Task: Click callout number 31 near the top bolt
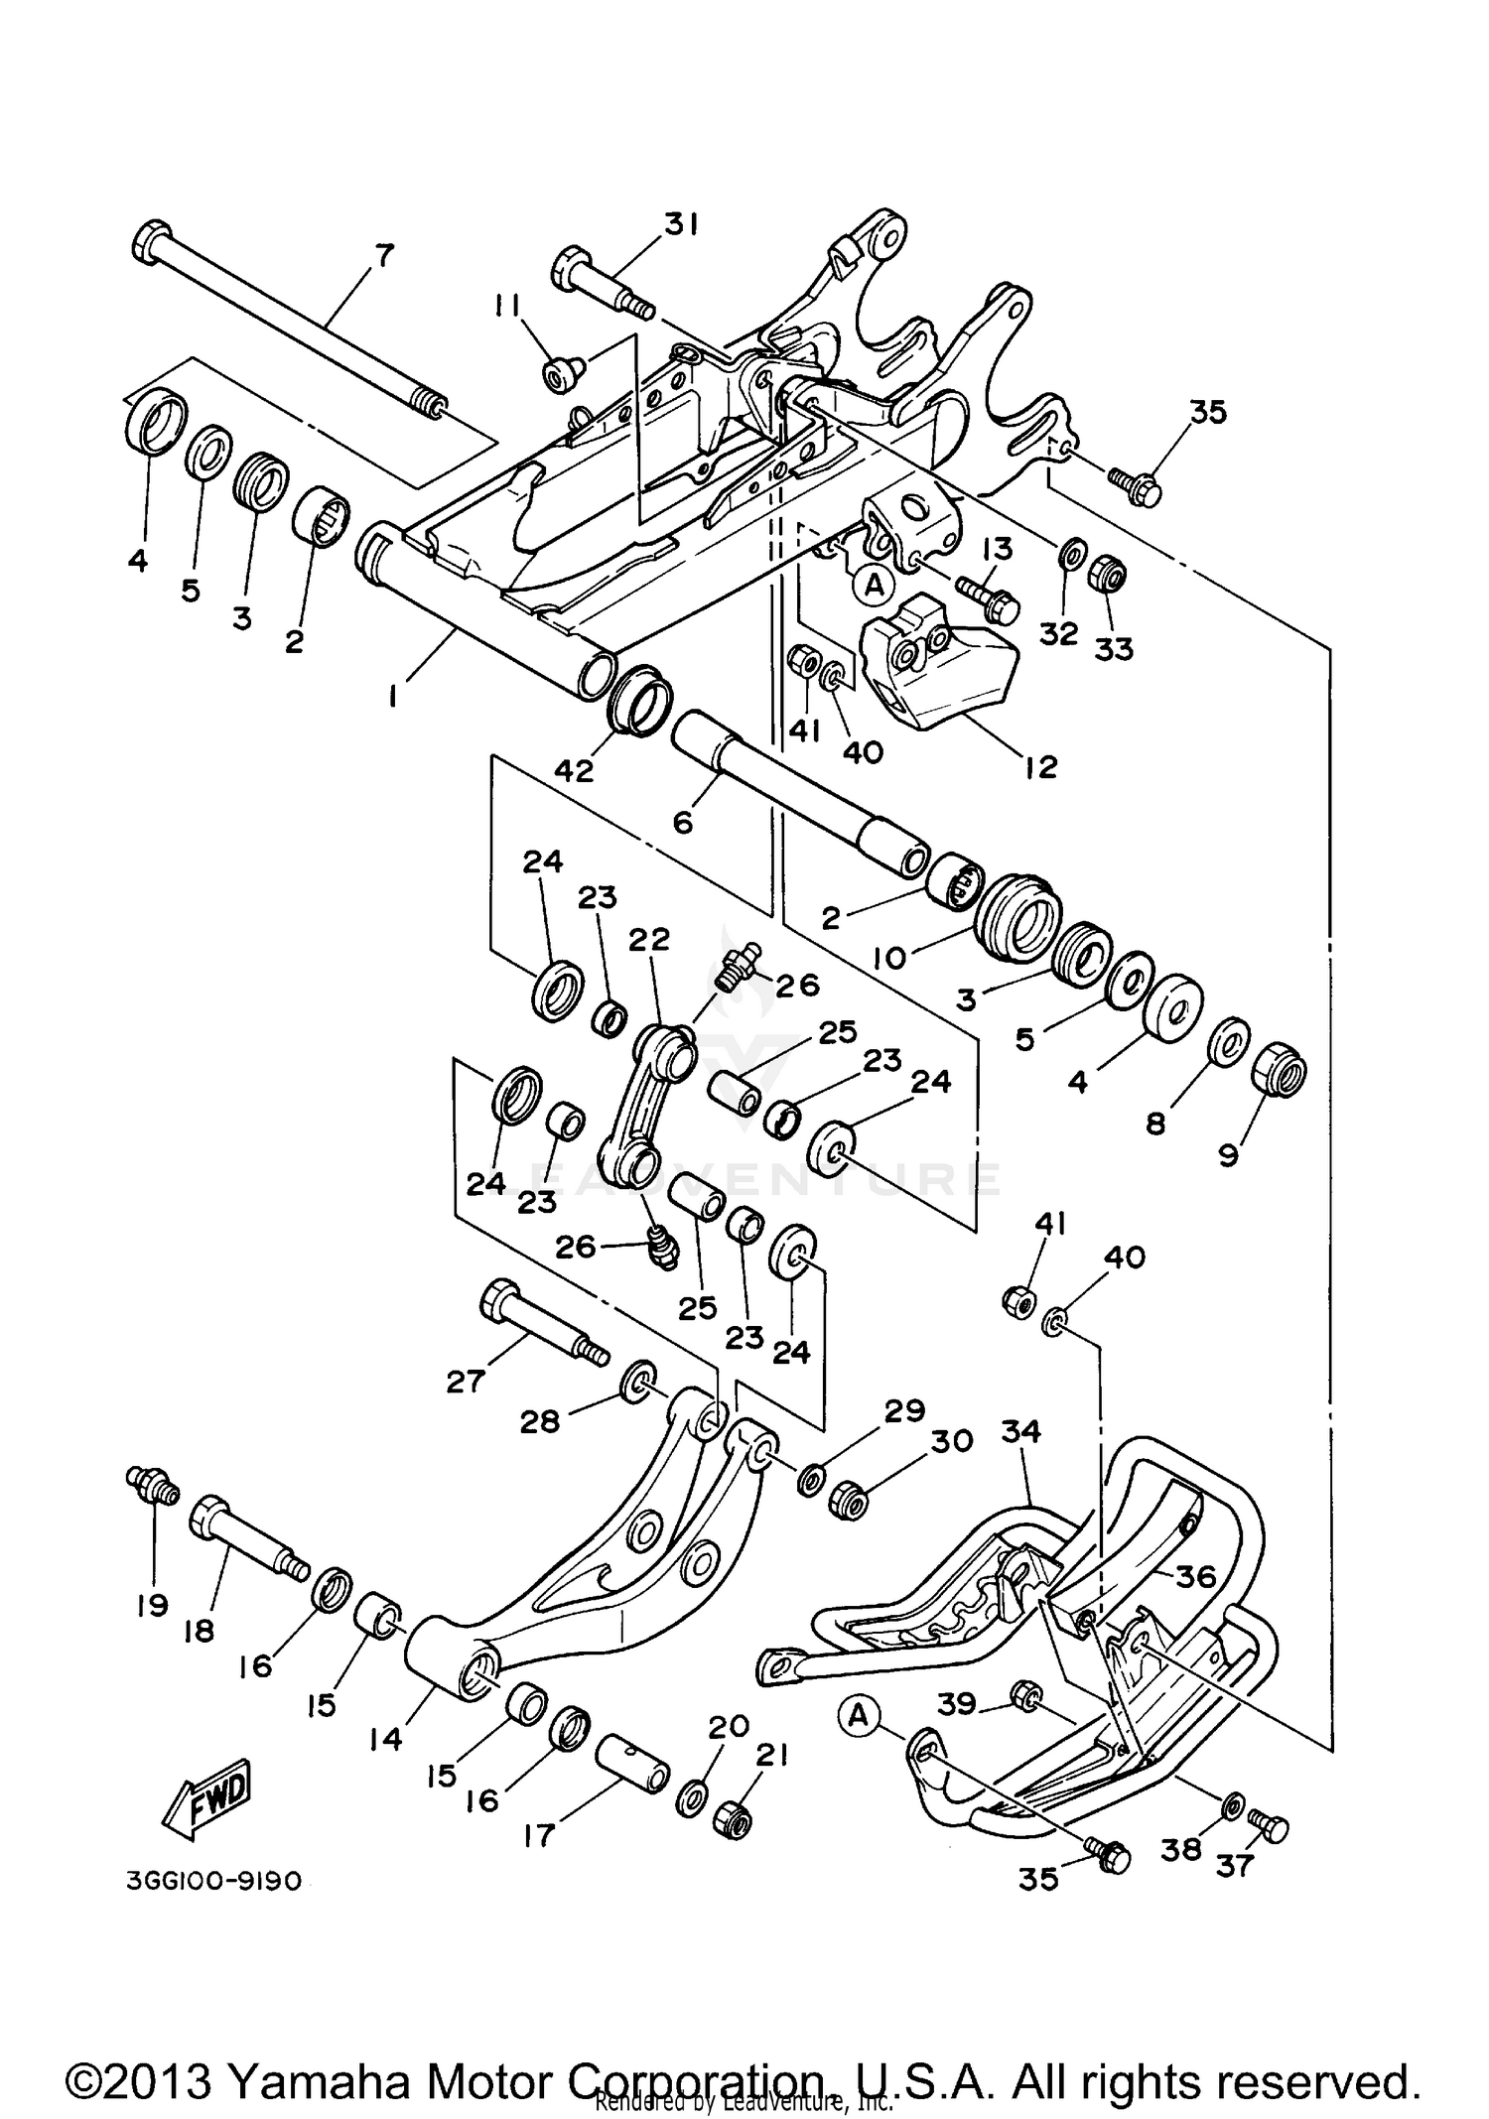(x=681, y=225)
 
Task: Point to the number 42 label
(x=574, y=770)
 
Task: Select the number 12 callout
(x=1041, y=766)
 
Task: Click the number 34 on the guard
(x=1020, y=1431)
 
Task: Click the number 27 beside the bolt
(x=466, y=1381)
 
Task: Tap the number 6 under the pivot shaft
(x=682, y=822)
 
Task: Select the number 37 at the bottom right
(x=1235, y=1866)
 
